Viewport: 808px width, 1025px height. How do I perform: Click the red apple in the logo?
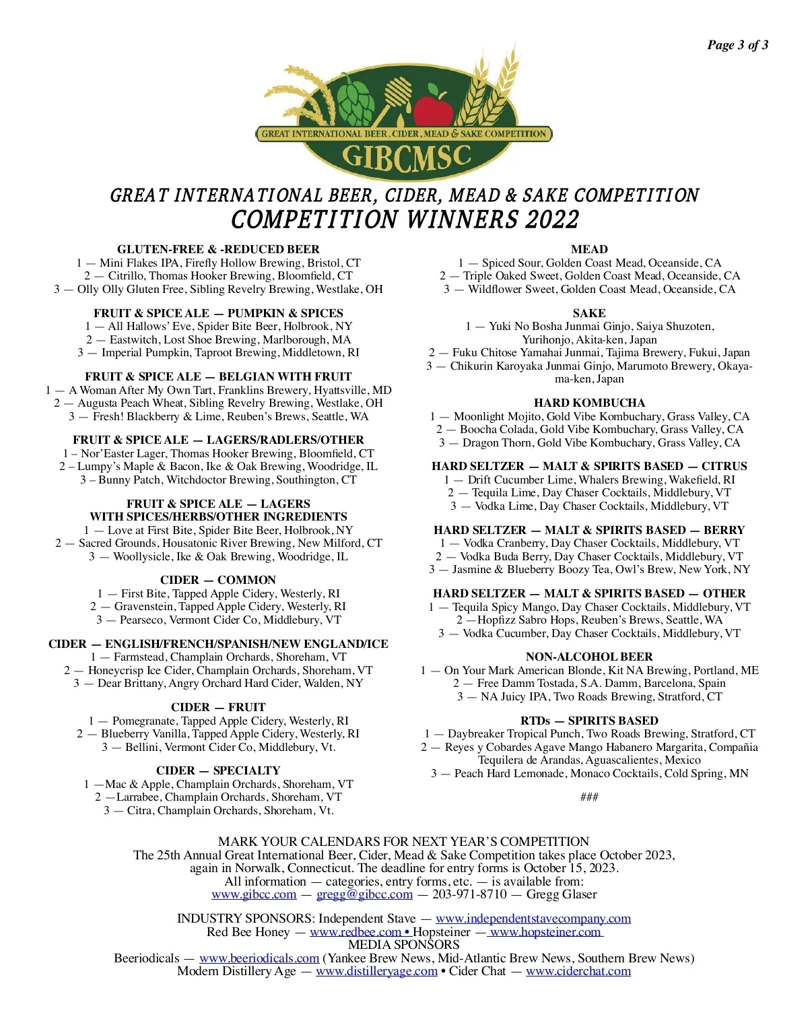tap(433, 108)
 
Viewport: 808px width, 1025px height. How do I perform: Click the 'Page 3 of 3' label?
tap(737, 45)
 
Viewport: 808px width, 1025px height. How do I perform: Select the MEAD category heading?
tap(589, 249)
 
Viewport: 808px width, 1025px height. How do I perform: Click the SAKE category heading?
tap(589, 313)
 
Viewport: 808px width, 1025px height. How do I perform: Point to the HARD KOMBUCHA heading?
tap(589, 403)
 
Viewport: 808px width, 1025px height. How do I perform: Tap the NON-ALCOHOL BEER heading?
tap(589, 657)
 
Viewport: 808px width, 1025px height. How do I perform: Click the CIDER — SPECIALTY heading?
tap(218, 770)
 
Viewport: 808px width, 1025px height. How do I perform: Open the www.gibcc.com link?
tap(254, 894)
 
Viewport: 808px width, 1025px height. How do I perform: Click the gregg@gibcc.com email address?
tap(364, 894)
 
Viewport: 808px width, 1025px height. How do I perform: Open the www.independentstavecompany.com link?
tap(533, 919)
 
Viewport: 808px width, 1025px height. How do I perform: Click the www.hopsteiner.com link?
tap(545, 932)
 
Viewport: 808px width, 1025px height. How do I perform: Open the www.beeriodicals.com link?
tap(259, 958)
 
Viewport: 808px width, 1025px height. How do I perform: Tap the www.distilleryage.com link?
tap(376, 971)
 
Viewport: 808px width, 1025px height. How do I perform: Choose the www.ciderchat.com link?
tap(578, 971)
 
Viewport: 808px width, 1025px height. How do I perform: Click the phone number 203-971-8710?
tap(469, 894)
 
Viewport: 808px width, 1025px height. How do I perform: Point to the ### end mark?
tap(589, 797)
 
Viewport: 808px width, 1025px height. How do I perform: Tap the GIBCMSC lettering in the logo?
tap(406, 156)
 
